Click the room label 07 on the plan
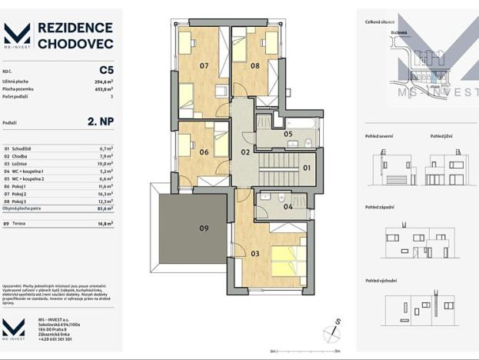[204, 66]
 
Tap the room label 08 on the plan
[254, 66]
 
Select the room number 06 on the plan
[204, 152]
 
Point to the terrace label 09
[204, 228]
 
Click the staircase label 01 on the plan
[305, 167]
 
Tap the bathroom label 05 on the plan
[288, 134]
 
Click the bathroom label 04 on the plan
[287, 206]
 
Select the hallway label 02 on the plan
[245, 152]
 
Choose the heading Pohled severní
[378, 136]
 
